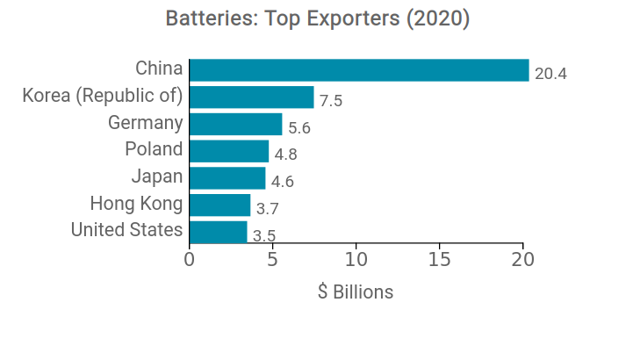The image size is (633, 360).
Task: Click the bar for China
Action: coord(359,70)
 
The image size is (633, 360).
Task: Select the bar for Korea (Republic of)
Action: coord(251,97)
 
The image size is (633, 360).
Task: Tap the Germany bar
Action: coord(235,124)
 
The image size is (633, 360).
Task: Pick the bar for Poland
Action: coord(229,151)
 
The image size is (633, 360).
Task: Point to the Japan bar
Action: coord(227,178)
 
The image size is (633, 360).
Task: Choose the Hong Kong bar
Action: coord(219,205)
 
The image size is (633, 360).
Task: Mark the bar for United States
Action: coord(218,232)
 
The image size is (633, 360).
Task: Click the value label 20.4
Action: coord(550,74)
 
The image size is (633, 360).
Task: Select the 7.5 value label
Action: coord(331,101)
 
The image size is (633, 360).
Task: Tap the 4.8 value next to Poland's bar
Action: coord(286,155)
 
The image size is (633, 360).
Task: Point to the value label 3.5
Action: coord(264,236)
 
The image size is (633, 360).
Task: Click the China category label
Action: coord(159,68)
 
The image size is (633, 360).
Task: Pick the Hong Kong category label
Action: coord(136,204)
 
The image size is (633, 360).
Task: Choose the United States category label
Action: coord(126,231)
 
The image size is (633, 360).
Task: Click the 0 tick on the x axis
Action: coord(189,261)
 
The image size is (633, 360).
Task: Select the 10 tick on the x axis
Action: coord(356,261)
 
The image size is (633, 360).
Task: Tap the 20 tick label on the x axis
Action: coord(523,261)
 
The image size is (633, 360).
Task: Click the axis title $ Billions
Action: coord(356,292)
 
